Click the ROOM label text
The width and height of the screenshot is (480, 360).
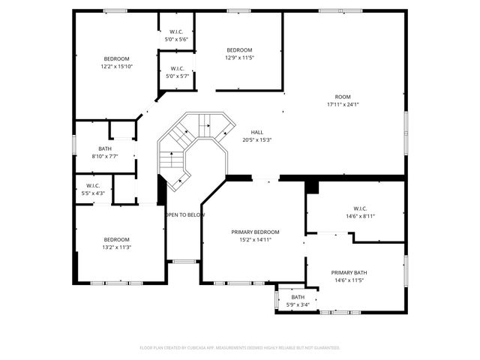(x=343, y=97)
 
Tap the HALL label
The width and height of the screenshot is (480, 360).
(x=257, y=132)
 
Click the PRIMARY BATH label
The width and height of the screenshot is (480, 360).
(x=349, y=273)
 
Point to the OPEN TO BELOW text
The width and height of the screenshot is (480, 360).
(x=184, y=215)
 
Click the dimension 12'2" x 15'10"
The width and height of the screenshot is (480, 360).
(x=116, y=67)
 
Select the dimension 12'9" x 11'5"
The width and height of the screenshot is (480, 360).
(x=239, y=57)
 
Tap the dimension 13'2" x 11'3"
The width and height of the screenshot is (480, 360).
(x=116, y=247)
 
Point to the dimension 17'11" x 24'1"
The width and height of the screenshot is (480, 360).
(x=343, y=104)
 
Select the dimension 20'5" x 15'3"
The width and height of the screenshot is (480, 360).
(x=257, y=139)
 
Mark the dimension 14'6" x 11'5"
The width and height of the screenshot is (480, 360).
(x=349, y=280)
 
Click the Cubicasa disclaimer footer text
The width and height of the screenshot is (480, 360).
(x=240, y=348)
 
